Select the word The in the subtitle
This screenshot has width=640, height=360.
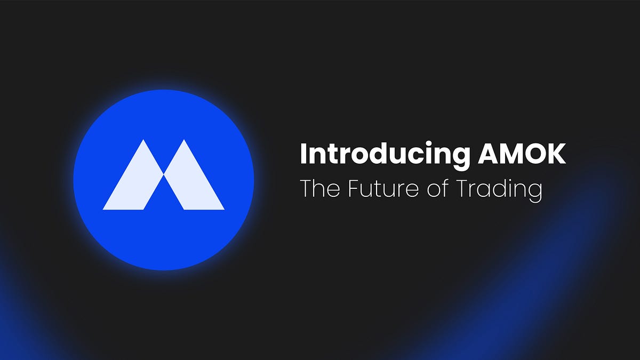click(319, 189)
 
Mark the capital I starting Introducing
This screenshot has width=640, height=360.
click(303, 154)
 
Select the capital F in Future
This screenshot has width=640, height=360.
click(352, 189)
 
